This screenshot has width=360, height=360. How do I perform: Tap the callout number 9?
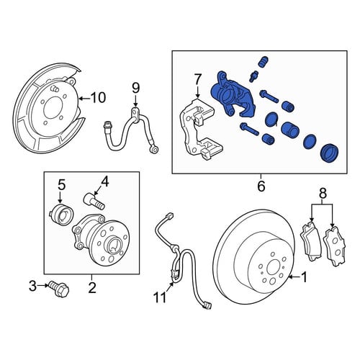[135, 88]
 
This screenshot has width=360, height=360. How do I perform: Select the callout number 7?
[197, 79]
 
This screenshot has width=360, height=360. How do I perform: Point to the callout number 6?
[261, 186]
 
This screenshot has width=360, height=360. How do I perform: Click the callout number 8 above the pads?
[323, 194]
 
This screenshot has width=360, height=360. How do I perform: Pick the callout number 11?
[160, 297]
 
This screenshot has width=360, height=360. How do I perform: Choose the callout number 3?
[32, 286]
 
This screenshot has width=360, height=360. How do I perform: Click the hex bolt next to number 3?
[59, 289]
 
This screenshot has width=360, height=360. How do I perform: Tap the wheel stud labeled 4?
[94, 202]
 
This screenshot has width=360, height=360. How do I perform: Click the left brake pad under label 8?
[310, 241]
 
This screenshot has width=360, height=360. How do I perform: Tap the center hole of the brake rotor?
[273, 267]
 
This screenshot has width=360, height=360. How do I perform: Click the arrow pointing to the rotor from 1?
[294, 278]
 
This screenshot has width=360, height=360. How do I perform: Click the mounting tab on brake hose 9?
[135, 114]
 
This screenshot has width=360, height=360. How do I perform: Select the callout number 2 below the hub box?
[92, 287]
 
